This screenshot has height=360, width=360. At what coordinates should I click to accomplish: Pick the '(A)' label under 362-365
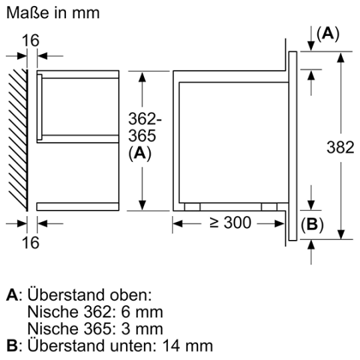click(141, 153)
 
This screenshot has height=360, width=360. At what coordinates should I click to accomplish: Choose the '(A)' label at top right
click(327, 34)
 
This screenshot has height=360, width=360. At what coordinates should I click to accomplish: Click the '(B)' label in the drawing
click(311, 224)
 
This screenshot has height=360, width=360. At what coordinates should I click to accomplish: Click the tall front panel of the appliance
click(293, 144)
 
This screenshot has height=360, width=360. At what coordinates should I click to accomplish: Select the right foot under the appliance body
click(269, 207)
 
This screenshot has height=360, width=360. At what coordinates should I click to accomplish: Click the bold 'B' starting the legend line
click(10, 345)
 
